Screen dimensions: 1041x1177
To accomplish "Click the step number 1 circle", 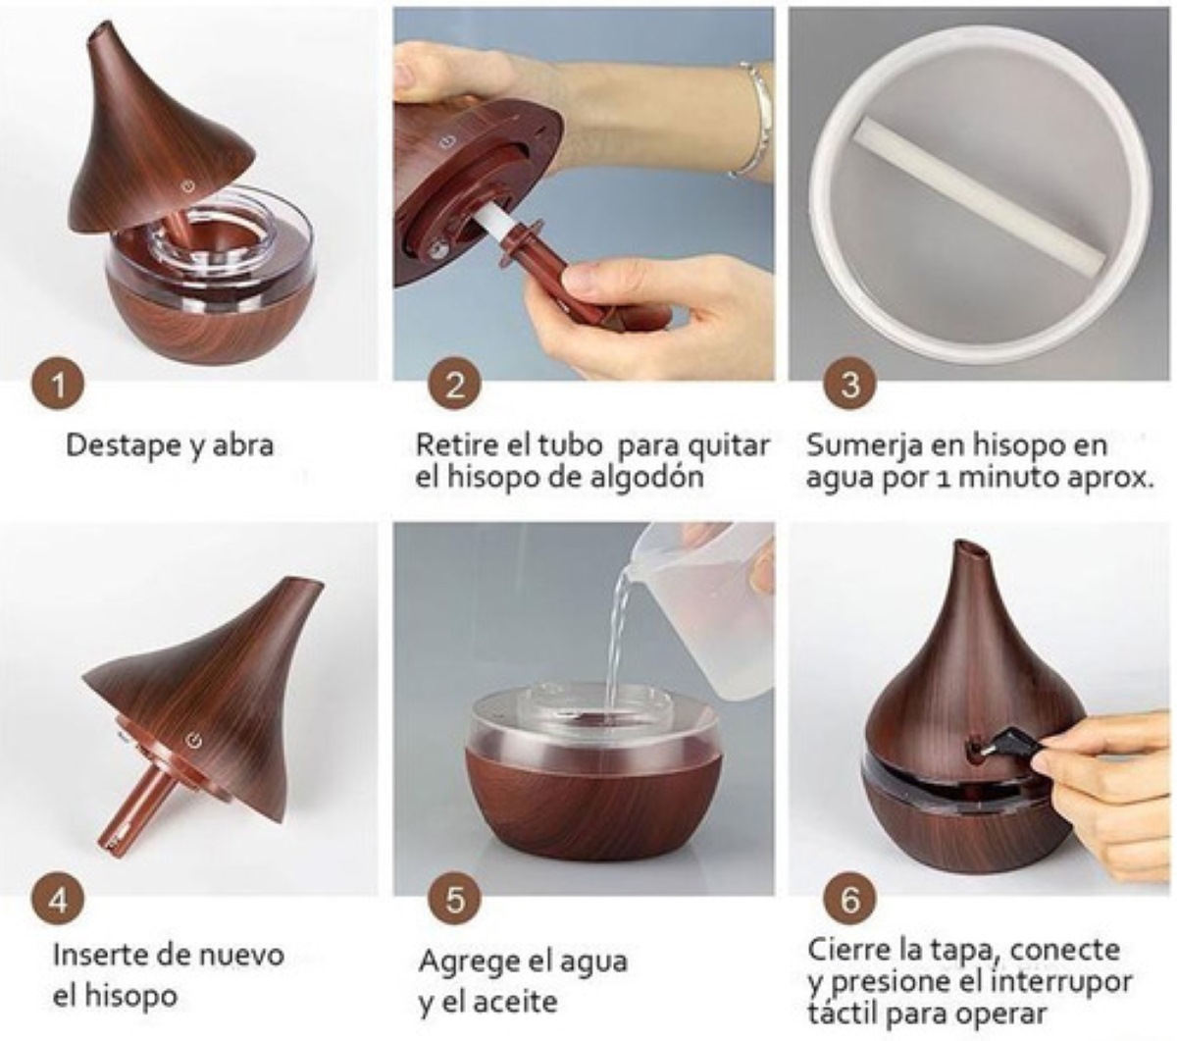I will [58, 384].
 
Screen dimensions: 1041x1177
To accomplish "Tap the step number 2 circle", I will [454, 384].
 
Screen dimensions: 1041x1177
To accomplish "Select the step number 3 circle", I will [849, 384].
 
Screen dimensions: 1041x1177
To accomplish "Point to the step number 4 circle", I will [58, 899].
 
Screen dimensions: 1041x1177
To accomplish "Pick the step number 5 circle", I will [454, 899].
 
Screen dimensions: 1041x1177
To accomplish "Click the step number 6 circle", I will [849, 899].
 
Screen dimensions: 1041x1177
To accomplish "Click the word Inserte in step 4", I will [99, 955].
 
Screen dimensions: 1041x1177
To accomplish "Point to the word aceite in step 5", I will [515, 1003].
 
